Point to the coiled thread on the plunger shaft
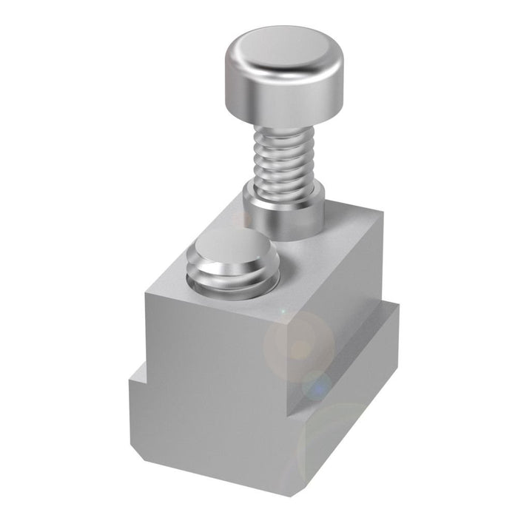pos(284,159)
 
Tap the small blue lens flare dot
pos(319,385)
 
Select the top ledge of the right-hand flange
pos(374,326)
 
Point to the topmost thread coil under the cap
pos(284,133)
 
